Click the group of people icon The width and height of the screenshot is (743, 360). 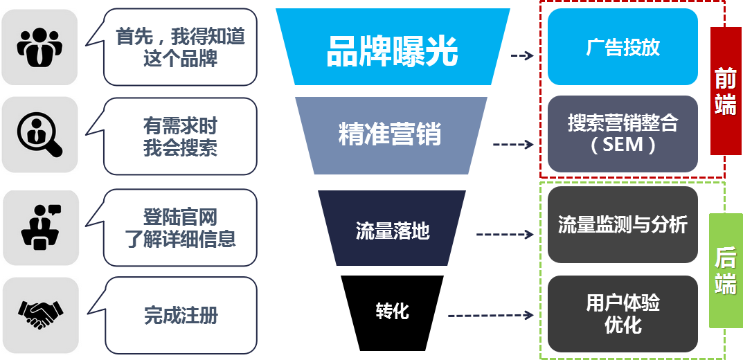click(x=39, y=46)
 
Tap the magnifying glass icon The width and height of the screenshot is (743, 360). click(x=39, y=134)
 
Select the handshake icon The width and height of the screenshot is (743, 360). click(x=39, y=314)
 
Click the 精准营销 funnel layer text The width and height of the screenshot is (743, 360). click(x=389, y=134)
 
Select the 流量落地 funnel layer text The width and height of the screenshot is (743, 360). click(x=393, y=231)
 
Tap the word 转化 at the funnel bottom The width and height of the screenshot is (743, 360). click(x=393, y=311)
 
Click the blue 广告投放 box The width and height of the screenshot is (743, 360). click(x=623, y=47)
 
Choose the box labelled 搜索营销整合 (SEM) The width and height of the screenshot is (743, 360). click(x=623, y=134)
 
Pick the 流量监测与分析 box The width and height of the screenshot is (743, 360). click(x=623, y=224)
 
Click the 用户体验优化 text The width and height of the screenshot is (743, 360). click(x=623, y=314)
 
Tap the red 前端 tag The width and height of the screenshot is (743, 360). click(x=725, y=91)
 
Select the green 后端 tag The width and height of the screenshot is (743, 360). click(x=725, y=271)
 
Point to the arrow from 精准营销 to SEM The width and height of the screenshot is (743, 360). click(x=514, y=145)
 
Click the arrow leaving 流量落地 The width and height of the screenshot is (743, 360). click(x=505, y=235)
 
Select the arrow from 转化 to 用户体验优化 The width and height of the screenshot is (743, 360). click(x=491, y=316)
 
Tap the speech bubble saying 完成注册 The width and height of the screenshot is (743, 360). click(x=181, y=316)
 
